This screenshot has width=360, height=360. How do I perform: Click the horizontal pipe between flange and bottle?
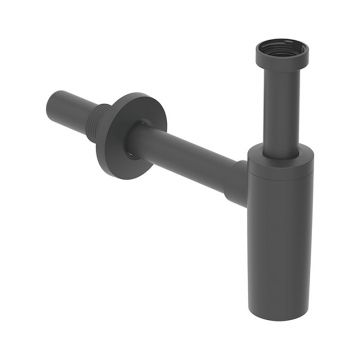(190, 152)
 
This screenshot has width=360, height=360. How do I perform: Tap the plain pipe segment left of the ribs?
(70, 104)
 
